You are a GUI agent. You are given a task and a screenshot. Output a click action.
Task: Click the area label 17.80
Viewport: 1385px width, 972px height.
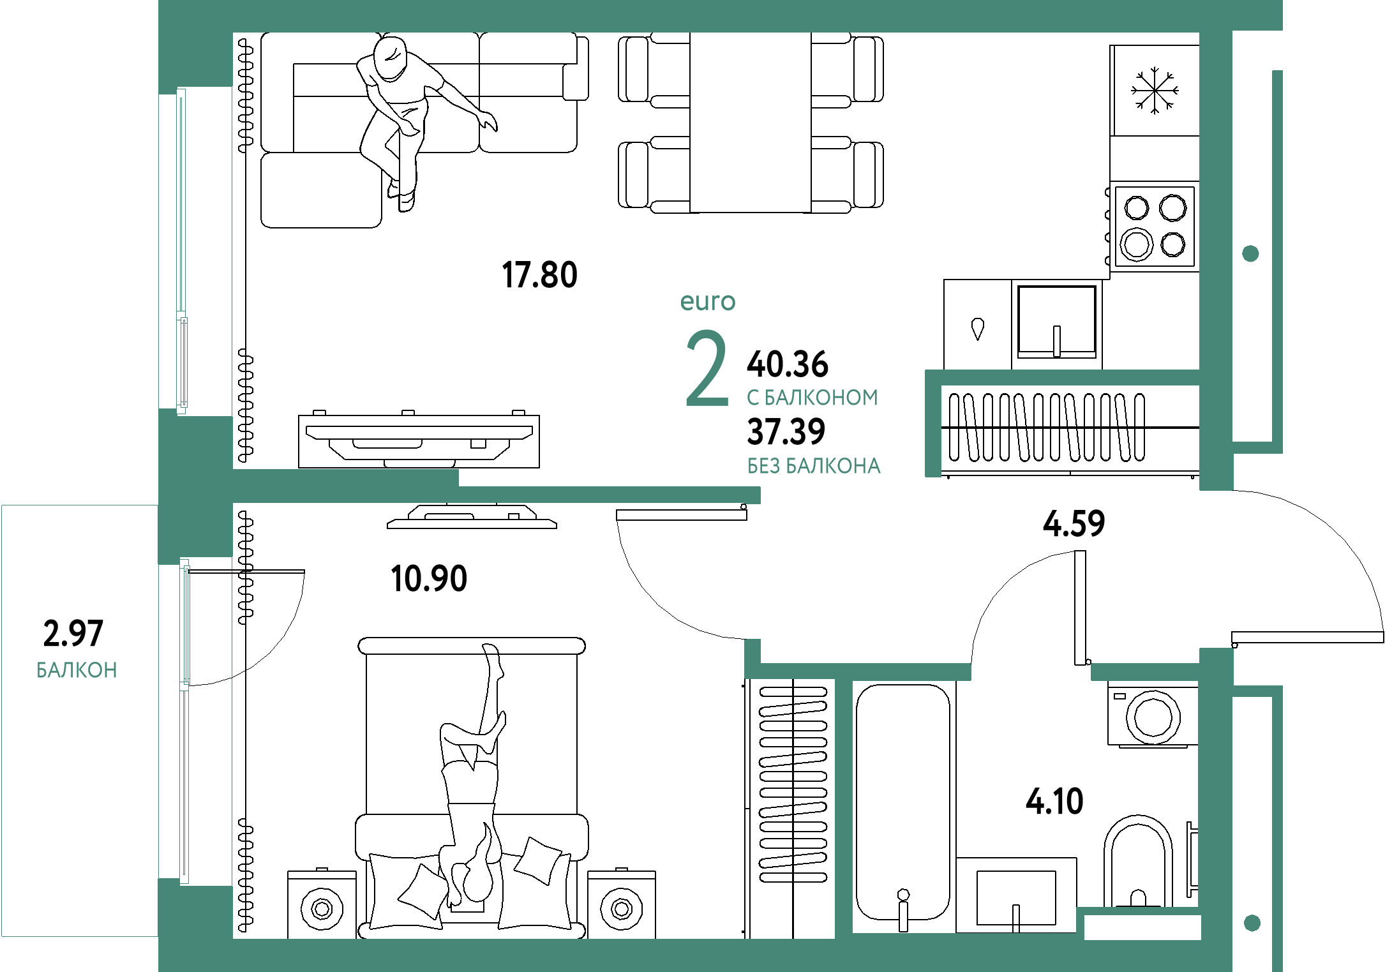[x=540, y=275]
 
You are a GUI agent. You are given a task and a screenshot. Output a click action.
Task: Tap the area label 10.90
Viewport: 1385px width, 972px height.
[x=429, y=579]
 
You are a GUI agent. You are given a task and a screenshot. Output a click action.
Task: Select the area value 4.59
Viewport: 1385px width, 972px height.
[x=1074, y=524]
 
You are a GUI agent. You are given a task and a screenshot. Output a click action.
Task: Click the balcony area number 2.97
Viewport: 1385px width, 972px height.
[x=73, y=634]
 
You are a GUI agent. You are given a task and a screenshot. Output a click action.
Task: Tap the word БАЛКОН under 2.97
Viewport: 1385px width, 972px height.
[x=77, y=671]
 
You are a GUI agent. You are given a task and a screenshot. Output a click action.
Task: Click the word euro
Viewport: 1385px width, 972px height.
[x=708, y=301]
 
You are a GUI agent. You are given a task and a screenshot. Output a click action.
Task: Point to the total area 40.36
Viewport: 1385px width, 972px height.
[x=787, y=364]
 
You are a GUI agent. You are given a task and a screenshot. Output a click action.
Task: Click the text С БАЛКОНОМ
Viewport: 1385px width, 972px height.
[x=812, y=398]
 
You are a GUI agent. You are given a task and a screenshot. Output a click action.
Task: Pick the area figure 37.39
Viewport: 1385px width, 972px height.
[x=786, y=432]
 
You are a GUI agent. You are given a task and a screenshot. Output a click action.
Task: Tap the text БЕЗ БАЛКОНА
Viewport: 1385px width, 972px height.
[x=814, y=467]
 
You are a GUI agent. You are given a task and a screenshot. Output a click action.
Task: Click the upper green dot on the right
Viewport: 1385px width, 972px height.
[x=1250, y=254]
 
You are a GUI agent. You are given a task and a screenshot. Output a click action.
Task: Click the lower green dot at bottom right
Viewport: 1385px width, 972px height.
[x=1252, y=923]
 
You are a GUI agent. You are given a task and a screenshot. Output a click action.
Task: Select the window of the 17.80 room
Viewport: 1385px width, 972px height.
[x=182, y=251]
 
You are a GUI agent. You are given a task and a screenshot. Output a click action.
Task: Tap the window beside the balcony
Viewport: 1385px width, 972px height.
[x=184, y=721]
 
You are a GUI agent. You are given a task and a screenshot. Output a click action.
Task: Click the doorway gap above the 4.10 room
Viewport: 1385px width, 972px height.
[x=1031, y=672]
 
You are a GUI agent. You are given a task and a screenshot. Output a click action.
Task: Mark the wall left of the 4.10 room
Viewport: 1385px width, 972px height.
[x=843, y=807]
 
